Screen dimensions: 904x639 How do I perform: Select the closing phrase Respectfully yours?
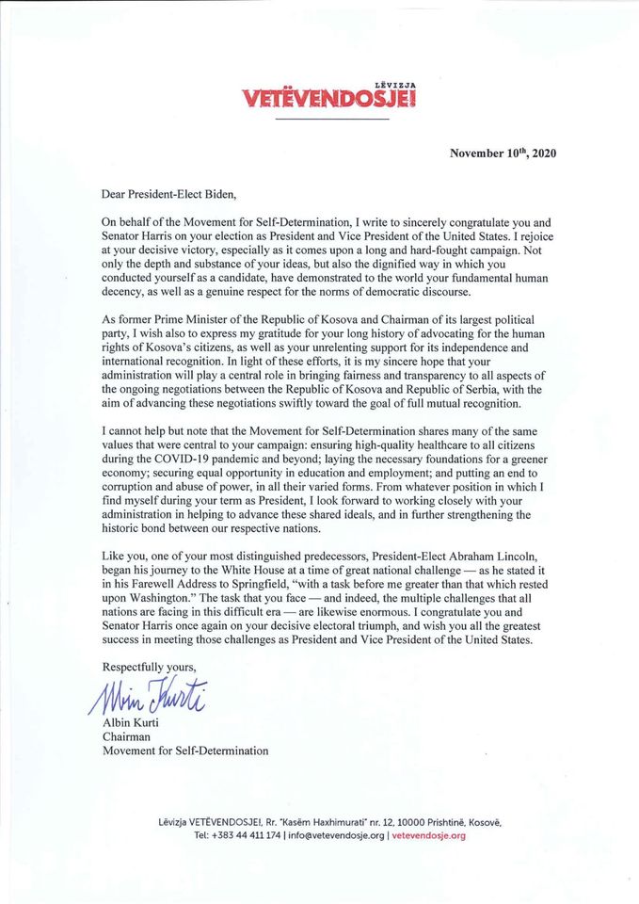148,666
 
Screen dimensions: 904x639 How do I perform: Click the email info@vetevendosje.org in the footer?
337,835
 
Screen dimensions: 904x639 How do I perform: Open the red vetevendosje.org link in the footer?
428,835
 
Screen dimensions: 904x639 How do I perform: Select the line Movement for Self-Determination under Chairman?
185,751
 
